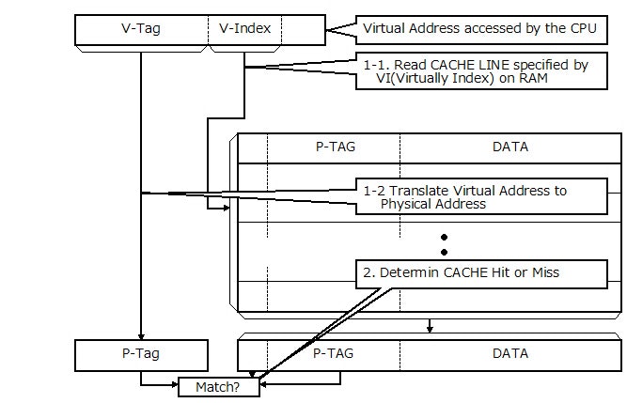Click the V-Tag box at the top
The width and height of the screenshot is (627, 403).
tap(141, 28)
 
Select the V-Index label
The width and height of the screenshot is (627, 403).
tap(244, 28)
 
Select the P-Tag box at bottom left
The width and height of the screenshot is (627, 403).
tap(141, 354)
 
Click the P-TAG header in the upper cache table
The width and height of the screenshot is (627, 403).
tap(335, 147)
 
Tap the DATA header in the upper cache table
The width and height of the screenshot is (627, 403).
tap(510, 147)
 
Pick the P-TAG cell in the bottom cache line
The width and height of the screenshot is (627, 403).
tap(335, 354)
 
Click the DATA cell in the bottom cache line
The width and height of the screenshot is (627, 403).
tap(510, 354)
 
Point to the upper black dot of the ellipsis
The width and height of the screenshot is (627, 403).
tap(444, 238)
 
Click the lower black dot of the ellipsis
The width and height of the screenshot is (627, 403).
tap(444, 252)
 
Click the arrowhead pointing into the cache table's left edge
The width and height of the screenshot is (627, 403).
tap(225, 208)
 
